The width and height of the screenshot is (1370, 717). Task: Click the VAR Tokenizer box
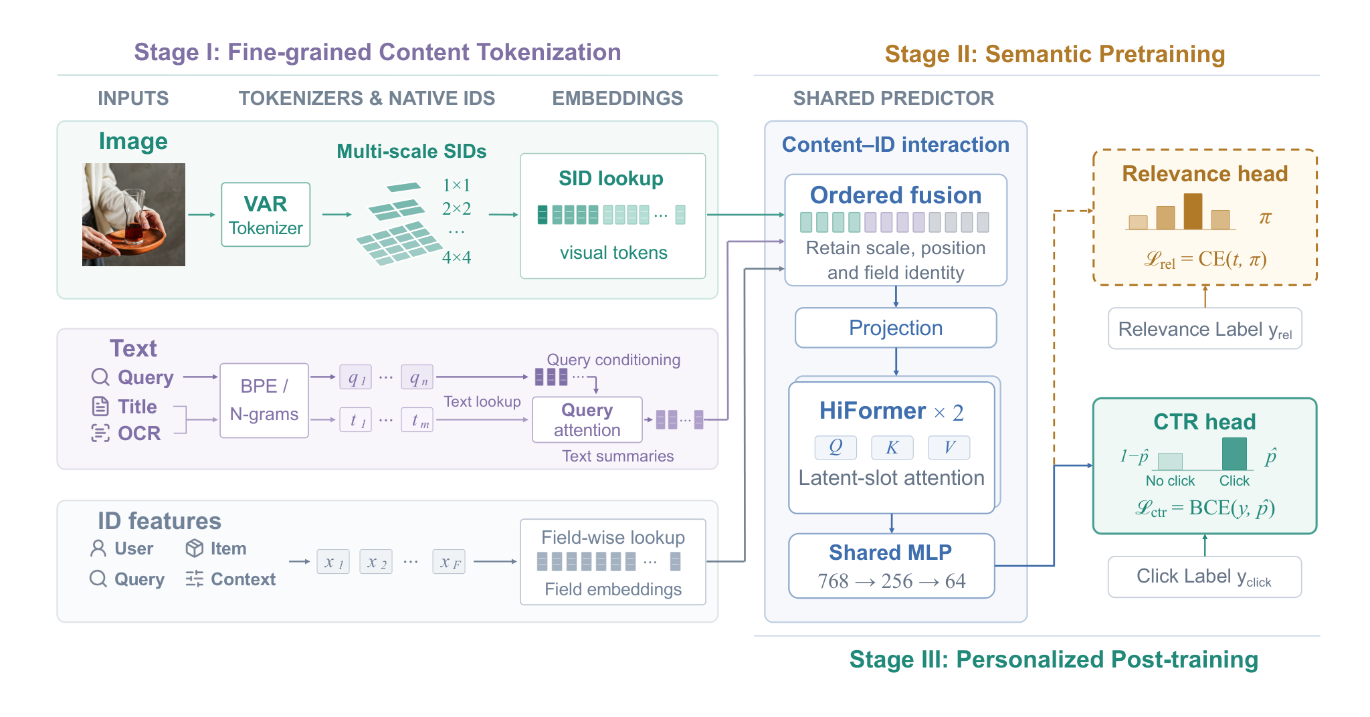pos(266,215)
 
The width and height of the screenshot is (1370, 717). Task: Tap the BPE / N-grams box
pos(264,401)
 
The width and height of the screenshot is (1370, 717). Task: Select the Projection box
pos(896,328)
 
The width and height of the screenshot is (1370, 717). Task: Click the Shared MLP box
pos(891,566)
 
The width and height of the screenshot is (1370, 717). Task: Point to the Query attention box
pos(587,419)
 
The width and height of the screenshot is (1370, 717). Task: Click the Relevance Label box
pos(1205,328)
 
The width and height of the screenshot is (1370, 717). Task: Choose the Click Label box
pos(1205,577)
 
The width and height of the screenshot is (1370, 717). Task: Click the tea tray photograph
pos(134,215)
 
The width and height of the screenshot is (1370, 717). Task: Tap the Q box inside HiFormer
pos(836,447)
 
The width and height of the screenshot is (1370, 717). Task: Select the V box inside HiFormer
pos(949,447)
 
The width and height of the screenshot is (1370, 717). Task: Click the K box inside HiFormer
pos(892,447)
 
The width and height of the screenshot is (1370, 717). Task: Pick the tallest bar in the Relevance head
pos(1193,211)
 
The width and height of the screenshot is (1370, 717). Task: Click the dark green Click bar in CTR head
pos(1234,454)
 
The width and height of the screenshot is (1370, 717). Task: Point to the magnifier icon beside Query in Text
pos(100,377)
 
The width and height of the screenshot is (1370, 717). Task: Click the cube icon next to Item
pos(195,548)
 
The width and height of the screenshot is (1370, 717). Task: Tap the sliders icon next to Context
pos(195,579)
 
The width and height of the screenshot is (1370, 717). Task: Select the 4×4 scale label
pos(456,258)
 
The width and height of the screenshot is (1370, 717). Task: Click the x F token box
pos(450,562)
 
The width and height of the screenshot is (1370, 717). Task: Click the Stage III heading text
pos(1054,659)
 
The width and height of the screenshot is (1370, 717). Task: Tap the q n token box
pos(417,377)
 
